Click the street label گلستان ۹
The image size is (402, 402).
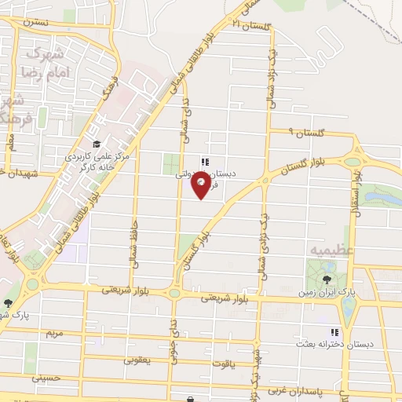301,133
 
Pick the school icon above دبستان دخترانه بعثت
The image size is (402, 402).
335,331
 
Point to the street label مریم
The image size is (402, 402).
54,334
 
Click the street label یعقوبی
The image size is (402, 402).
141,360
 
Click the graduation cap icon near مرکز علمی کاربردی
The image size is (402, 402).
96,144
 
